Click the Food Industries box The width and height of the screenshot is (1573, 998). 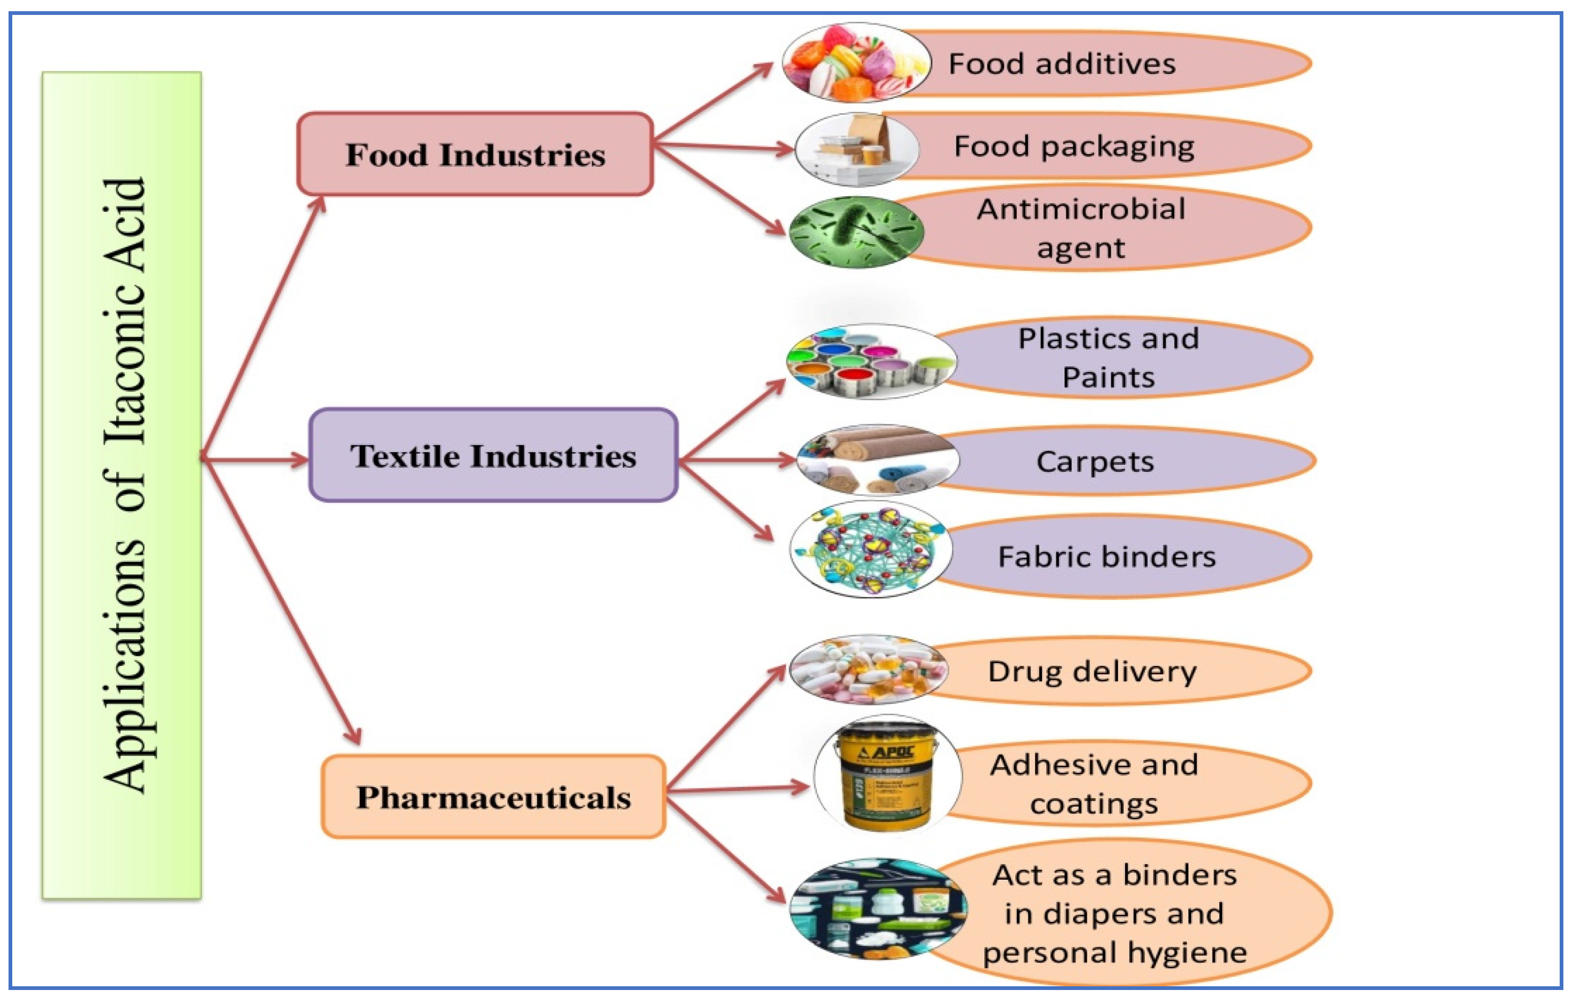point(475,154)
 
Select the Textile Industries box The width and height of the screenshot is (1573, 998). point(493,455)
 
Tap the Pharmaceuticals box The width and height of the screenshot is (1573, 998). point(493,797)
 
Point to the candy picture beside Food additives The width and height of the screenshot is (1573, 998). point(856,63)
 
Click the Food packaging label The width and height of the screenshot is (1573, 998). point(1074,146)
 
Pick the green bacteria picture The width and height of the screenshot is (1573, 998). point(856,232)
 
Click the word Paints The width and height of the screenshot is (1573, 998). point(1108,377)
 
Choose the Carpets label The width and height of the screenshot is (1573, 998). point(1095,462)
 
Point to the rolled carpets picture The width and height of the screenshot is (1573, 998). point(877,460)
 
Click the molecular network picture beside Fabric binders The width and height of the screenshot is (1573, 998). point(870,549)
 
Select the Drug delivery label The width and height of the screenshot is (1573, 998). point(1092,671)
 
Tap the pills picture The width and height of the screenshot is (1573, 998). point(868,670)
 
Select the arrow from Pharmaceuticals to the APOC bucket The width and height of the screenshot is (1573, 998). point(738,789)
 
